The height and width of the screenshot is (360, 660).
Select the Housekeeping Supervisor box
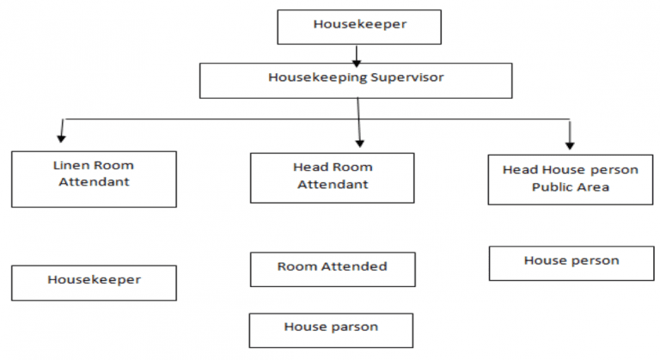point(356,80)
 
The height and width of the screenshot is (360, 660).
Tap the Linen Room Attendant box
point(94,179)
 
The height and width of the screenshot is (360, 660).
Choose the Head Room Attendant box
point(331,177)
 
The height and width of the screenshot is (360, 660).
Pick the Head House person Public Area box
point(570,179)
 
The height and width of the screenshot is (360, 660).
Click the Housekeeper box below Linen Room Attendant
point(94,282)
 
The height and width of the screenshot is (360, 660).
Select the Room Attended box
point(332,268)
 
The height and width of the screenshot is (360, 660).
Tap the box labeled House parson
point(331,329)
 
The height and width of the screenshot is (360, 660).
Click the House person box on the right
point(571,262)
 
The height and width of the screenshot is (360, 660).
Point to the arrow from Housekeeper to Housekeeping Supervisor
point(356,54)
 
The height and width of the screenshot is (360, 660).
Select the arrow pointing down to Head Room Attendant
point(358,125)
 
